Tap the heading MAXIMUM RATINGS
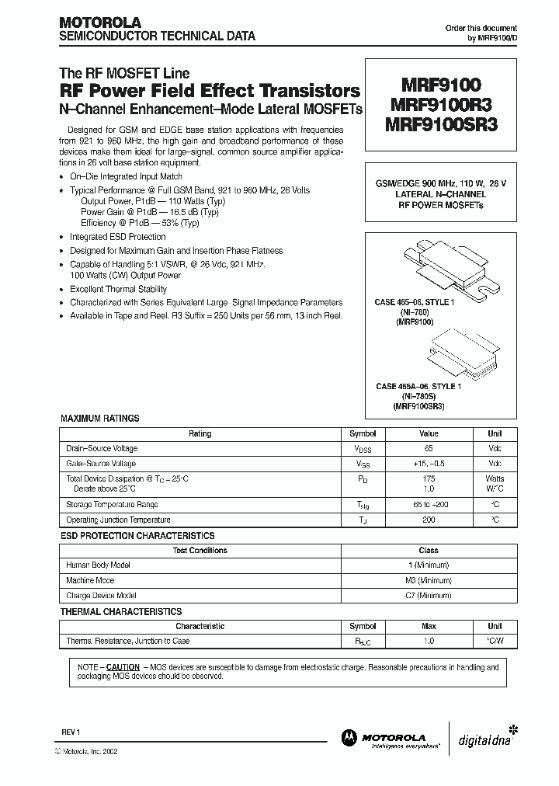pyautogui.click(x=100, y=419)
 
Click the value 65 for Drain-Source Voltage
pyautogui.click(x=429, y=449)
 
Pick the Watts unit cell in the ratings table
pyautogui.click(x=495, y=478)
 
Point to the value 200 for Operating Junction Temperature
pyautogui.click(x=429, y=520)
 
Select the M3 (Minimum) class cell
pyautogui.click(x=429, y=580)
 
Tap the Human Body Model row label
pyautogui.click(x=99, y=565)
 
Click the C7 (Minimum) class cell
pyautogui.click(x=429, y=595)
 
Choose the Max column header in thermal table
pyautogui.click(x=429, y=626)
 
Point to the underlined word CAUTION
pyautogui.click(x=123, y=667)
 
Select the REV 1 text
pyautogui.click(x=71, y=732)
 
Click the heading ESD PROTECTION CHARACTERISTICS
pyautogui.click(x=137, y=536)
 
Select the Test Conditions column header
pyautogui.click(x=200, y=550)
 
